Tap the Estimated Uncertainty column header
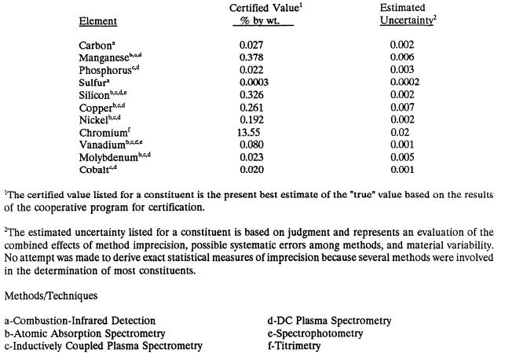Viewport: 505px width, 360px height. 407,16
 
